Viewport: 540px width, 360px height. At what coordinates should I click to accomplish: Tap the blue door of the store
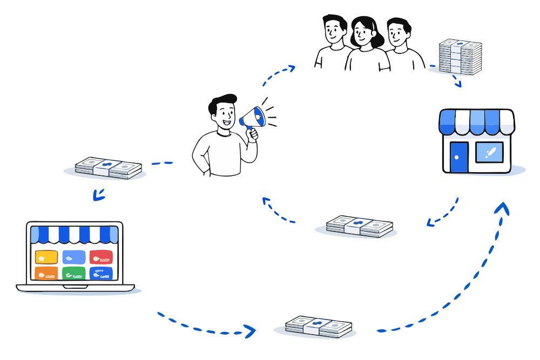458,157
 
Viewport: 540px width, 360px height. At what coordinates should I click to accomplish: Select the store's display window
489,153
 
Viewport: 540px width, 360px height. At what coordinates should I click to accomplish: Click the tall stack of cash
460,57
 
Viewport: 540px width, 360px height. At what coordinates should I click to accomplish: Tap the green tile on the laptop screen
73,273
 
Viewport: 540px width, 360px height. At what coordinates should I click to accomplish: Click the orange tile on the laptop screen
46,273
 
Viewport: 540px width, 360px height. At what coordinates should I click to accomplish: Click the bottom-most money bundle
319,326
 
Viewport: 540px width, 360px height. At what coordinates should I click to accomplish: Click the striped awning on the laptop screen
74,234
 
